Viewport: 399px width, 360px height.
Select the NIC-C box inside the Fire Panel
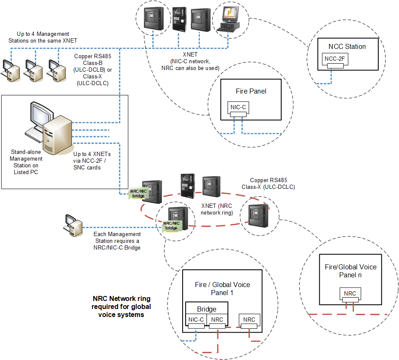238,107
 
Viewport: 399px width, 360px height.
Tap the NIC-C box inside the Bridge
196,320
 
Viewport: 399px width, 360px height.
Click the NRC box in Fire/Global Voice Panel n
350,293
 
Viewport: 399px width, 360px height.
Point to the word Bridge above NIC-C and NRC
207,309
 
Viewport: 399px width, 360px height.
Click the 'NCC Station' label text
347,46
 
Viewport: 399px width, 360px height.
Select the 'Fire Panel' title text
251,91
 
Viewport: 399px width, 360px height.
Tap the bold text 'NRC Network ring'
121,299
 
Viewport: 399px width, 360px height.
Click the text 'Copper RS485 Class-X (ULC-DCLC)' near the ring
268,183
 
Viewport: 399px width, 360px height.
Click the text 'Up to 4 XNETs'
92,154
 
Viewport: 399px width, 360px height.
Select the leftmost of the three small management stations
9,70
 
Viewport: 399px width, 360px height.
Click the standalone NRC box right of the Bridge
249,320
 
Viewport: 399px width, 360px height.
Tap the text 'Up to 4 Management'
43,34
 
